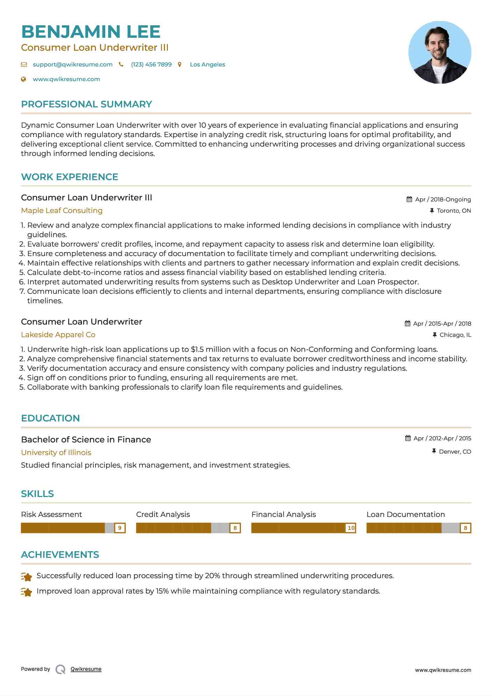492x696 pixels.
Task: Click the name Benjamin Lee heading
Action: pos(91,32)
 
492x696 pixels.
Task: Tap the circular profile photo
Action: pos(440,52)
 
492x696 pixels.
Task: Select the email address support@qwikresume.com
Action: pos(72,64)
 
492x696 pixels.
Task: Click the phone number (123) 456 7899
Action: pos(151,64)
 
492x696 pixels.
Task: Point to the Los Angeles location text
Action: pos(207,64)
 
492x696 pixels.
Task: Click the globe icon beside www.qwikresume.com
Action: pos(24,79)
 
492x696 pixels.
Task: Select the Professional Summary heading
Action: pos(86,104)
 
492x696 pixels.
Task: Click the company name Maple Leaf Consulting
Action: pos(62,211)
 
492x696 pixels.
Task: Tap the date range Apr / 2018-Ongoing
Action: pos(443,199)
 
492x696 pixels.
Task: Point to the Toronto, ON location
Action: pos(454,211)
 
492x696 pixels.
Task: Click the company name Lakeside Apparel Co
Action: pos(58,335)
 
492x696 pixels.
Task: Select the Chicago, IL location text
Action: pos(455,335)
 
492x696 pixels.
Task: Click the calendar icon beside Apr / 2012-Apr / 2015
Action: pos(408,438)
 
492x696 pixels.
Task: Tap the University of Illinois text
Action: pos(56,453)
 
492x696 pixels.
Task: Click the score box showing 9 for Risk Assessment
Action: pos(120,528)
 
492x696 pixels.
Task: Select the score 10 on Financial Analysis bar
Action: pos(351,528)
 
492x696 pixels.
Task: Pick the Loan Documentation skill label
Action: pos(406,514)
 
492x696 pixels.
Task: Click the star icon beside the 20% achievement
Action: pos(27,576)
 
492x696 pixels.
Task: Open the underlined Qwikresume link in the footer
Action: pos(86,669)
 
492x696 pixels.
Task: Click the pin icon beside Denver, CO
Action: pos(434,452)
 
